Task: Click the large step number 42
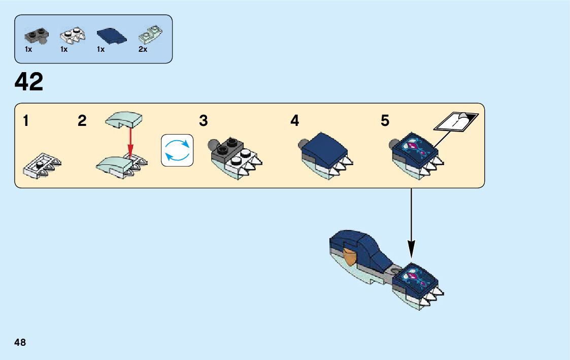point(29,82)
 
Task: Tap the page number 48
point(20,342)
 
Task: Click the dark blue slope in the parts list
point(109,35)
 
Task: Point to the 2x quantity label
point(143,50)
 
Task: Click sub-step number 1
point(25,121)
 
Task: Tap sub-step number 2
point(82,121)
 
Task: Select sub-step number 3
point(204,121)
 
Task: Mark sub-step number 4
point(295,121)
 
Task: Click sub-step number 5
point(385,121)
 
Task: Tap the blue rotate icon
point(177,150)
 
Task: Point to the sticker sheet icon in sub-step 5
point(456,123)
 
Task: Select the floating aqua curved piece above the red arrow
point(124,120)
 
